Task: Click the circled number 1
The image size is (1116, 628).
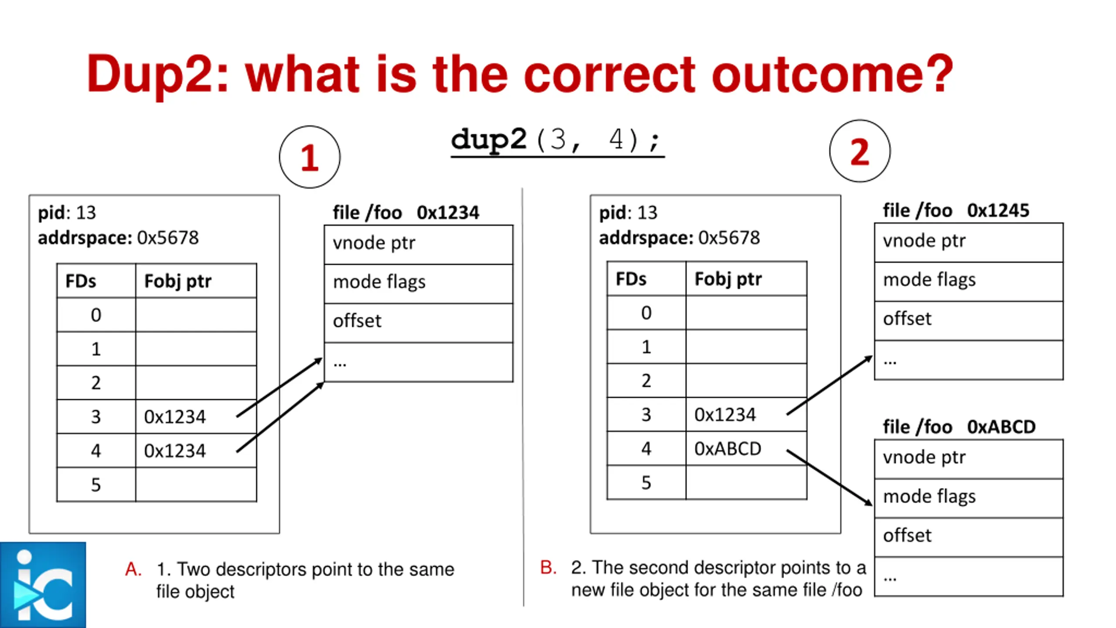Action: [x=310, y=157]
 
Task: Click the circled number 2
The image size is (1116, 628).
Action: [x=860, y=151]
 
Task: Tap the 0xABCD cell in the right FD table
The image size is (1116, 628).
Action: [x=745, y=448]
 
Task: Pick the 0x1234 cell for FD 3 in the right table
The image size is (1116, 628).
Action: [x=745, y=414]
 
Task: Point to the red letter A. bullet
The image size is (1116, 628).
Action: [x=133, y=569]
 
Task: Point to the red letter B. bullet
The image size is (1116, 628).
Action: [x=548, y=567]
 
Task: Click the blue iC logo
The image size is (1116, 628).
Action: [x=43, y=585]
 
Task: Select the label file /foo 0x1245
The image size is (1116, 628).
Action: [x=956, y=211]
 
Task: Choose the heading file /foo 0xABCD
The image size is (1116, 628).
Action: [x=959, y=427]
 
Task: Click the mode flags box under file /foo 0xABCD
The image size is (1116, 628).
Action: [x=968, y=498]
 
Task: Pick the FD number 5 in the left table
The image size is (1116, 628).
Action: [x=96, y=485]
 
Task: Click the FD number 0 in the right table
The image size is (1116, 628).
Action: [x=646, y=313]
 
